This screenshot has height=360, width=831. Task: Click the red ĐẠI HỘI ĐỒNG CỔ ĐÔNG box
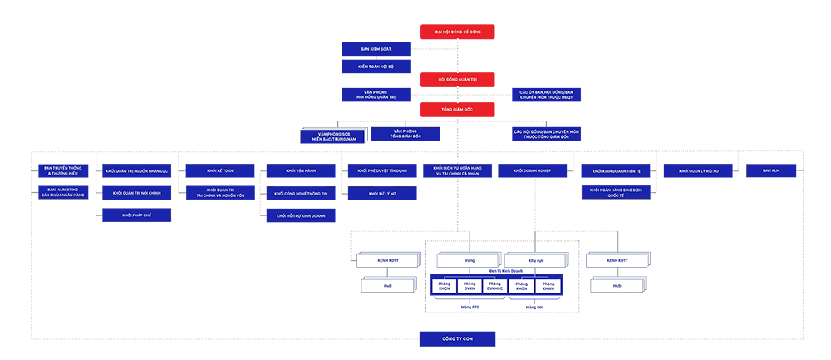click(x=457, y=32)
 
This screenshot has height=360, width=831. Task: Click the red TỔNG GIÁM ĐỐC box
click(x=457, y=110)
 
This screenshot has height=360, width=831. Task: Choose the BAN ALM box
click(x=770, y=170)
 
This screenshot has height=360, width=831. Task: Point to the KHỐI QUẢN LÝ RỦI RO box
click(x=698, y=171)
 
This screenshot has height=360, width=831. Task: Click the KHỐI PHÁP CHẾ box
click(x=137, y=215)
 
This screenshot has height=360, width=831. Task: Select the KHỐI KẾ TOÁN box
click(x=220, y=171)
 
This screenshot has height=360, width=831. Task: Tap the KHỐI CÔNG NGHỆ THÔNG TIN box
click(x=301, y=194)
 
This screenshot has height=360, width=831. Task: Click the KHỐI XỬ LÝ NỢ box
click(x=381, y=194)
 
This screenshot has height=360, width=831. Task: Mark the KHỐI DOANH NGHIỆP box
click(x=532, y=171)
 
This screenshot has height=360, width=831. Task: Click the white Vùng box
click(x=469, y=260)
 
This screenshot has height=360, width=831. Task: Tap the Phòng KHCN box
click(x=445, y=286)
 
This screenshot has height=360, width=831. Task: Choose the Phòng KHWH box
click(x=548, y=286)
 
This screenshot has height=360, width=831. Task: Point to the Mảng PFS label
click(x=470, y=307)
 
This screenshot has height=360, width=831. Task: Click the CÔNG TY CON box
click(x=457, y=338)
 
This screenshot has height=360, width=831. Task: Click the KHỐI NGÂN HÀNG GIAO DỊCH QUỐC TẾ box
click(x=615, y=193)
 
